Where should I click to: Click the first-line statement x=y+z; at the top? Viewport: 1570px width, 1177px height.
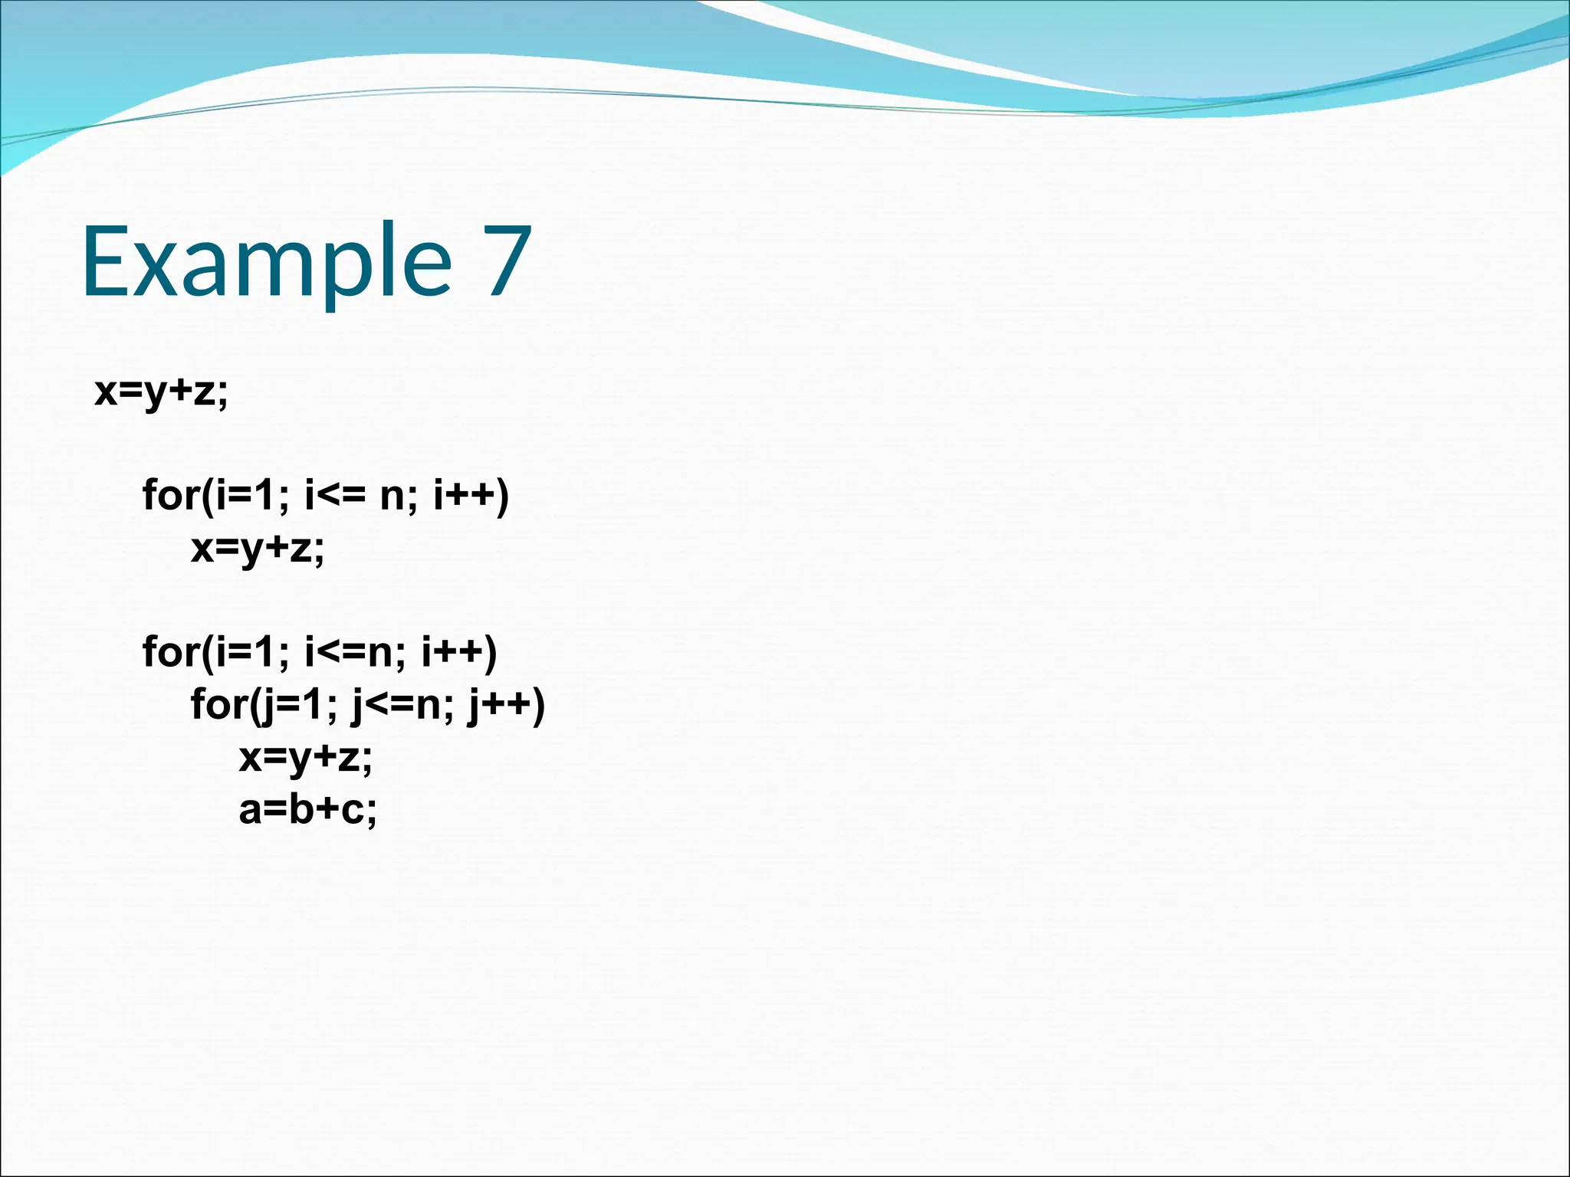pyautogui.click(x=161, y=392)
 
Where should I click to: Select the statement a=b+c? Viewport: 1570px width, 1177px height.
pyautogui.click(x=307, y=810)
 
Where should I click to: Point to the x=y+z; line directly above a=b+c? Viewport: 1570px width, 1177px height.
pyautogui.click(x=305, y=758)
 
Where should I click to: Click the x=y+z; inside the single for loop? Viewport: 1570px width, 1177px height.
pyautogui.click(x=258, y=549)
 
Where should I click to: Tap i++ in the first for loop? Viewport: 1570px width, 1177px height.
pyautogui.click(x=465, y=496)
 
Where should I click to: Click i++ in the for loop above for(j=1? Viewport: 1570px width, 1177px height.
pyautogui.click(x=452, y=652)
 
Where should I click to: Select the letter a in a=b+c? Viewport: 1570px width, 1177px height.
pyautogui.click(x=250, y=811)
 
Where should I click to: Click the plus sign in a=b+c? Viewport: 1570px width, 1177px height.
pyautogui.click(x=327, y=811)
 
